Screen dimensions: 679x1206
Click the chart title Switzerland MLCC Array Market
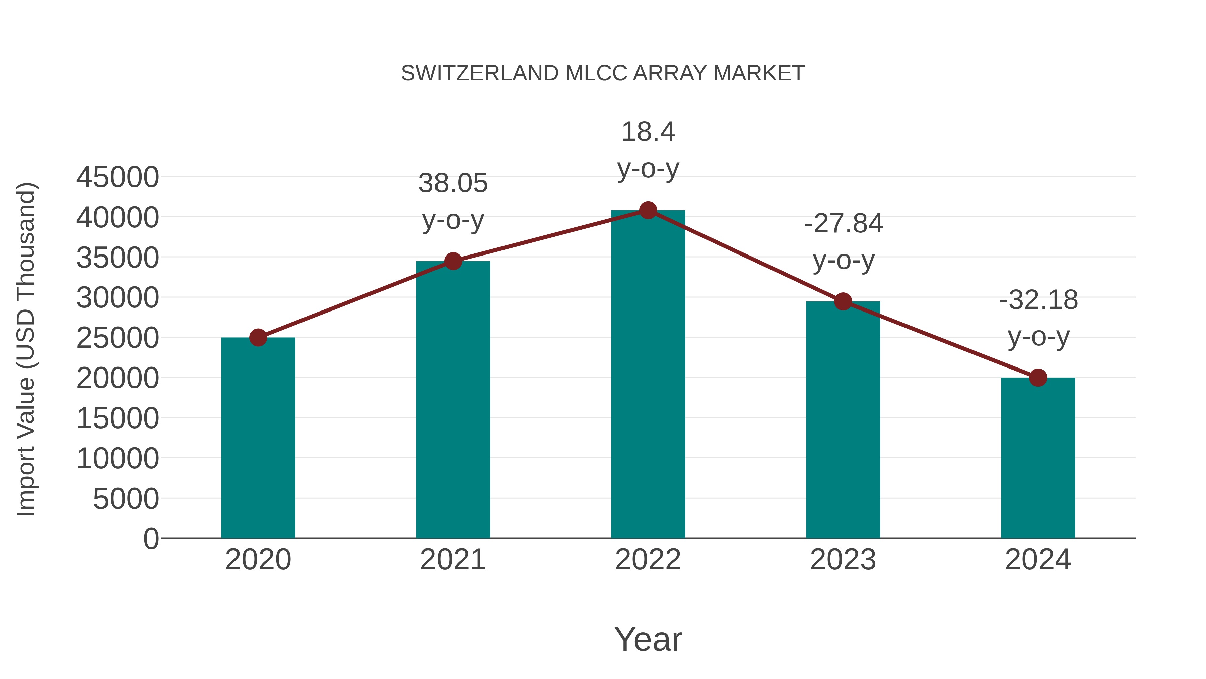pyautogui.click(x=603, y=73)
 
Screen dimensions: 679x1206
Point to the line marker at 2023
pyautogui.click(x=843, y=302)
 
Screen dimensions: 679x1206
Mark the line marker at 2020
pyautogui.click(x=258, y=337)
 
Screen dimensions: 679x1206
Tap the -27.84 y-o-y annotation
pyautogui.click(x=843, y=242)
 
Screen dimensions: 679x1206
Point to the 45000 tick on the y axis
pyautogui.click(x=118, y=178)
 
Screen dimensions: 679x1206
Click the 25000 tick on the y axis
pyautogui.click(x=118, y=338)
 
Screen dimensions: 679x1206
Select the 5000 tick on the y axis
pyautogui.click(x=126, y=499)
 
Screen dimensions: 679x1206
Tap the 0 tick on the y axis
pyautogui.click(x=151, y=539)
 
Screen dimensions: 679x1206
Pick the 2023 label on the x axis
pyautogui.click(x=843, y=560)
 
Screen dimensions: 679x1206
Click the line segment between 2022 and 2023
pyautogui.click(x=745, y=256)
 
